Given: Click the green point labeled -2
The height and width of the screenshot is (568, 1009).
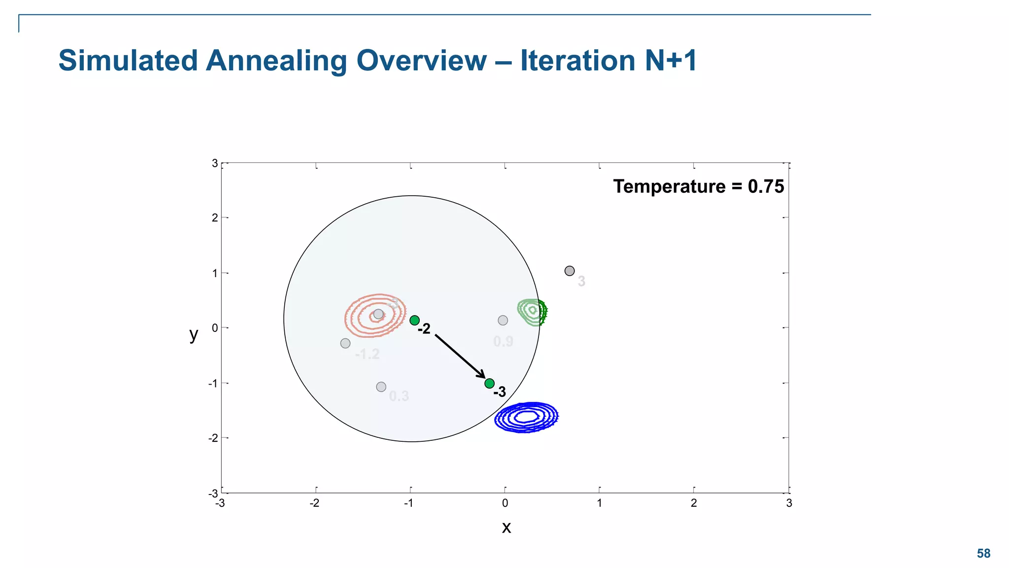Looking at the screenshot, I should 415,320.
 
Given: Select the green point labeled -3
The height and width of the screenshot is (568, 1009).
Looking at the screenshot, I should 489,383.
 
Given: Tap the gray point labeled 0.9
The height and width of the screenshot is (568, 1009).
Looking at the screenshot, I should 503,320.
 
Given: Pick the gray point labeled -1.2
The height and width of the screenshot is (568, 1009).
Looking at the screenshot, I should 345,343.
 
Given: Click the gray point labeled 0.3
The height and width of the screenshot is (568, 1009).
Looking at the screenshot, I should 381,387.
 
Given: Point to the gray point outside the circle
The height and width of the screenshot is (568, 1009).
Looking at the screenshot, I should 570,271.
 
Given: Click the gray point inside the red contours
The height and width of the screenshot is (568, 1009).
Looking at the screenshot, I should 378,314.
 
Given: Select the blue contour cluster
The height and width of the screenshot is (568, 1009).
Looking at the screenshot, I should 526,417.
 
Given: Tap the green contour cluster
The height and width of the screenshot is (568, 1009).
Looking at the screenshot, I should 533,312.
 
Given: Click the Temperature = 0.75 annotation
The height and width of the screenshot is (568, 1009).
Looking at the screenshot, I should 698,187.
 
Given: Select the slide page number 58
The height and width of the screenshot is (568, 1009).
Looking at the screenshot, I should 983,554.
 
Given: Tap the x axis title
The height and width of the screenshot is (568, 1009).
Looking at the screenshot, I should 506,528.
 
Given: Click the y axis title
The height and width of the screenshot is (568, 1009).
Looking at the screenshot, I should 194,335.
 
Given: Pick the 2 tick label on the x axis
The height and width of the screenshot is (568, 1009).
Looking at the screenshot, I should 694,503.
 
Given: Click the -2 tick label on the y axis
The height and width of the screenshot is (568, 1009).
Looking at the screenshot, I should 213,438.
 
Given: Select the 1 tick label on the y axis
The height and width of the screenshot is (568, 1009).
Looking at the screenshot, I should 215,273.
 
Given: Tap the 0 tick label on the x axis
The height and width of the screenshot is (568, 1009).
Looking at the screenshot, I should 505,503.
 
